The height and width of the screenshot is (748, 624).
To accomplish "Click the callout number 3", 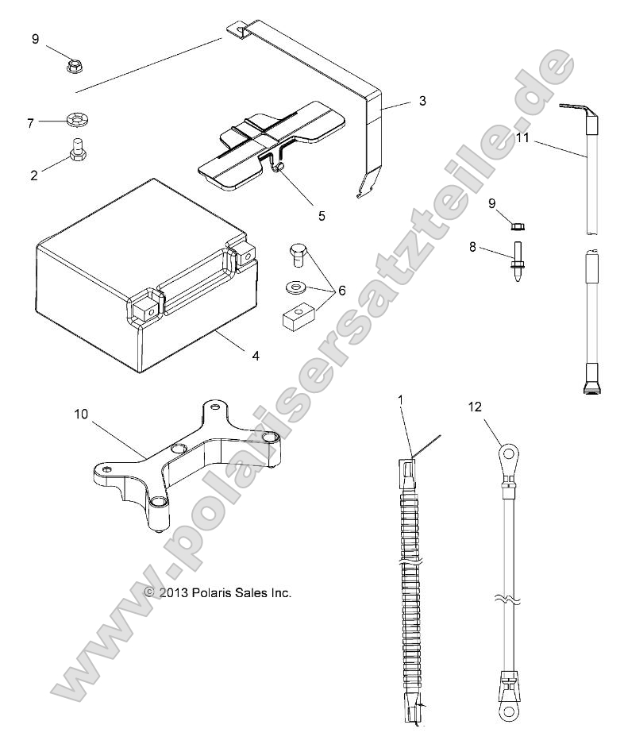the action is [x=422, y=101].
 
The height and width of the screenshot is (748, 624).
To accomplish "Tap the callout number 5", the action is [x=322, y=216].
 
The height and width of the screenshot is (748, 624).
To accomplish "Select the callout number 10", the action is [x=81, y=414].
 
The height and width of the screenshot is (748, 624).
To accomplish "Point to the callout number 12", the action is [x=476, y=407].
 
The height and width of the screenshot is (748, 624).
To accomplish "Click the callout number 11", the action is [x=523, y=138].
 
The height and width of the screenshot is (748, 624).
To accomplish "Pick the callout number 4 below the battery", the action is [x=256, y=356].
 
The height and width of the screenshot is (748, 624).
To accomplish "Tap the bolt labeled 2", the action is [x=76, y=149].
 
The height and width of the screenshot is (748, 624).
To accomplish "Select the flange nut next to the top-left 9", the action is [x=74, y=66].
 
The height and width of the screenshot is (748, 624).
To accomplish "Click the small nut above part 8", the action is [x=517, y=226].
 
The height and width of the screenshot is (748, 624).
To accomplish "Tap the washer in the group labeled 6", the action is [x=297, y=287].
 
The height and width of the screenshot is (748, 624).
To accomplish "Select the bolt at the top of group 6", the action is [x=299, y=255].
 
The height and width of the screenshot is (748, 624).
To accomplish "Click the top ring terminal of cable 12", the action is [x=510, y=453].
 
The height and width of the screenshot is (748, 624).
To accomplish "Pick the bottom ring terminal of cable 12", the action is [x=509, y=713].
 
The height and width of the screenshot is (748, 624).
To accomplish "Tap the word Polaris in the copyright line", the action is [x=210, y=593].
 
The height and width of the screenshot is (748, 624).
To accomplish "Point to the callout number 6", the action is [x=341, y=291].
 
